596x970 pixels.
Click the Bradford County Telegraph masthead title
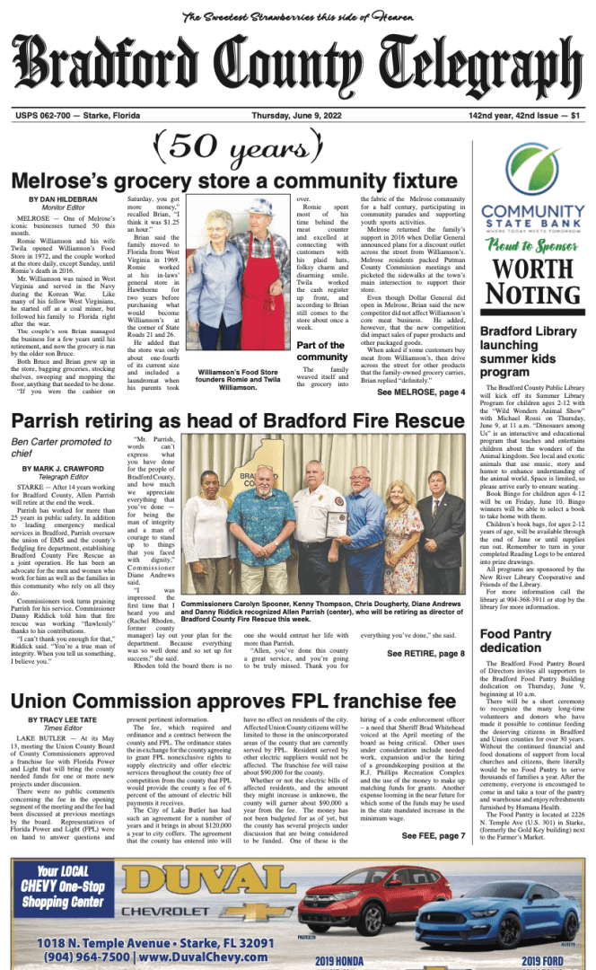click(297, 70)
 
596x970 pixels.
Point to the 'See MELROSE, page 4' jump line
click(421, 392)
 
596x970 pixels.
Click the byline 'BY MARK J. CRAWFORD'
click(63, 470)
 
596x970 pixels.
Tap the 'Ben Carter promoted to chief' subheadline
click(61, 447)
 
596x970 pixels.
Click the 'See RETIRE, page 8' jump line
click(426, 653)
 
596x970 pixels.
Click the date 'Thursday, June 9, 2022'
click(296, 116)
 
